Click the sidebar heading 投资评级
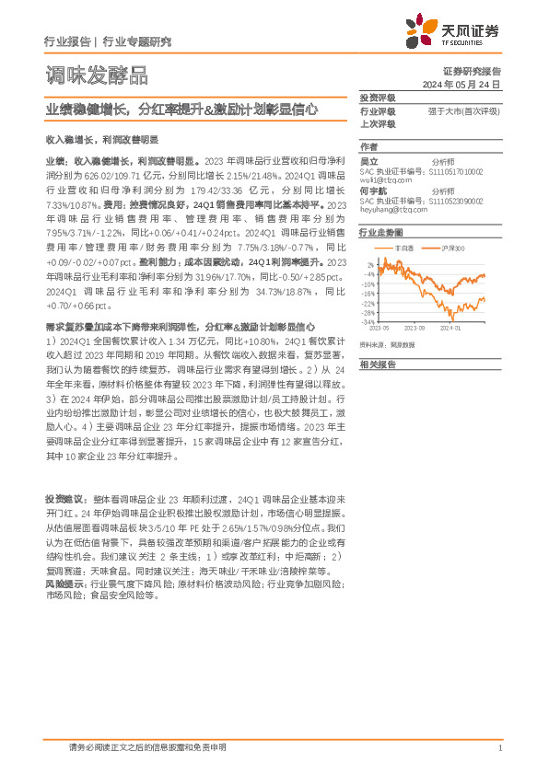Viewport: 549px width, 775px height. [x=377, y=98]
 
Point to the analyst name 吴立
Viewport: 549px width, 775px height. [x=368, y=160]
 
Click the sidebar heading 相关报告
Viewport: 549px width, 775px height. [x=377, y=364]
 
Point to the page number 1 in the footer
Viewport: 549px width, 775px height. [x=498, y=747]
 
